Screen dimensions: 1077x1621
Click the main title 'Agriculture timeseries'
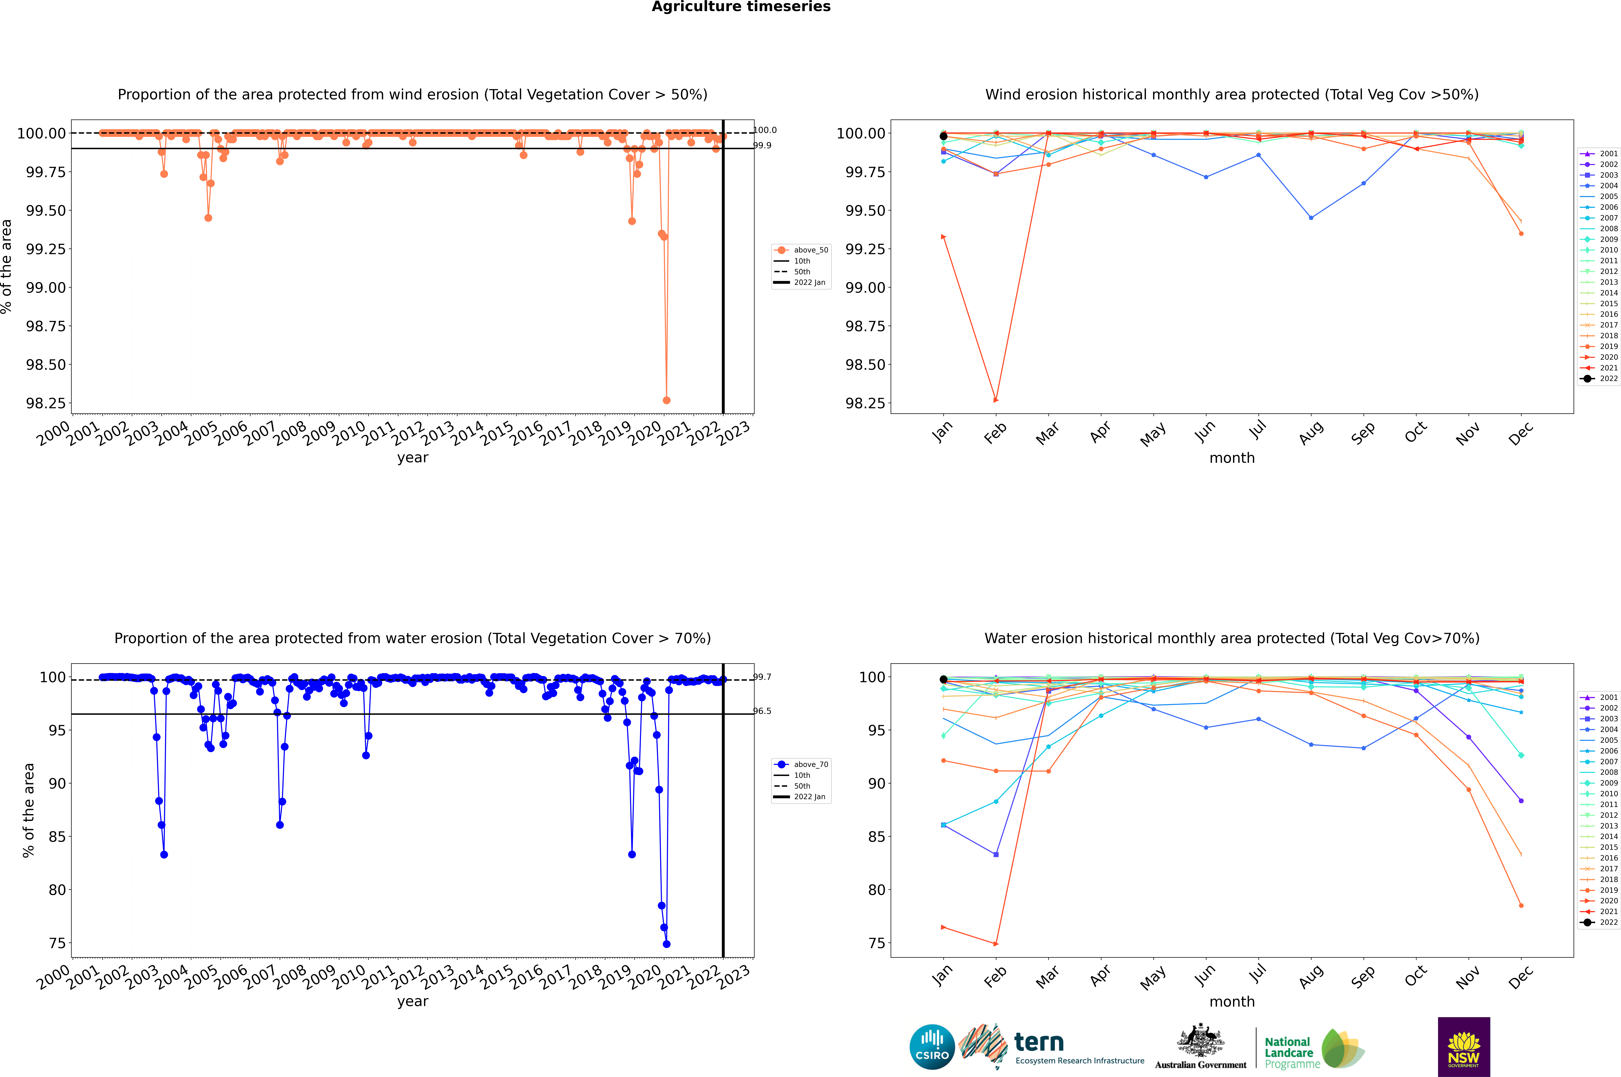(x=741, y=7)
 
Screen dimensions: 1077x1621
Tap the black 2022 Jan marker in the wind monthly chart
(x=944, y=136)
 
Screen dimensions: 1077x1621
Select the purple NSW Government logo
(x=1464, y=1047)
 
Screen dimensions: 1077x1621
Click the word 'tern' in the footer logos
(x=1039, y=1043)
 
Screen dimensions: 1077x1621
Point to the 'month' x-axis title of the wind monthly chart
(x=1231, y=458)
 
